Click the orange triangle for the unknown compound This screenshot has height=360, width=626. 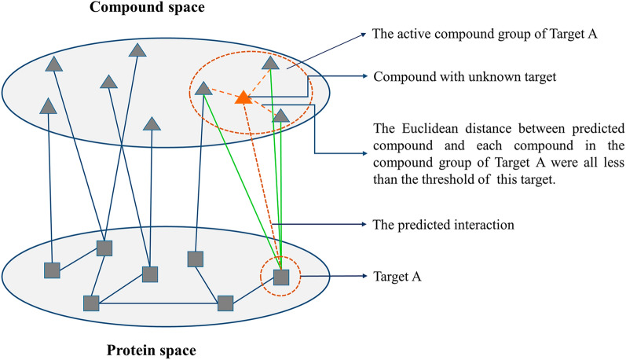tap(243, 97)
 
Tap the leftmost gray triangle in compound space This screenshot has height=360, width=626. tap(48, 104)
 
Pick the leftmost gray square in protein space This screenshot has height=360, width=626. tap(52, 270)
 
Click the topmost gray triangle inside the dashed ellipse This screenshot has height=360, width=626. tap(269, 62)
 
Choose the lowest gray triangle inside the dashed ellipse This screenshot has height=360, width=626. tap(281, 116)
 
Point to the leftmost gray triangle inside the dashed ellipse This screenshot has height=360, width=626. tap(203, 89)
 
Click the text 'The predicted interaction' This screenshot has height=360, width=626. tap(444, 225)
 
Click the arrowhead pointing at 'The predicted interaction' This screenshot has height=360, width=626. tap(364, 225)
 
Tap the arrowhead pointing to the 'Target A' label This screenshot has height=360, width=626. tap(364, 277)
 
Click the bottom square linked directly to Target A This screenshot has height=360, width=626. tap(225, 303)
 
